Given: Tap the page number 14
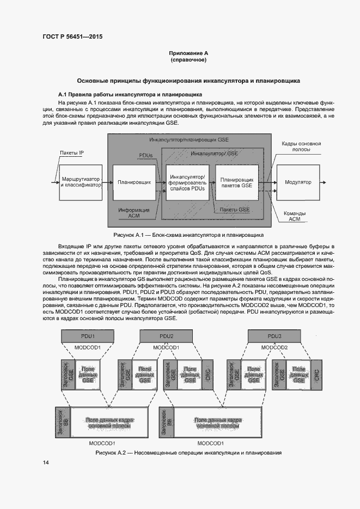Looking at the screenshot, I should [46, 462].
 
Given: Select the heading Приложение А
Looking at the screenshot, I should [188, 53].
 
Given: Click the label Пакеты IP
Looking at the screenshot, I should [71, 154].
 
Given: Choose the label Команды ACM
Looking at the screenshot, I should [294, 216].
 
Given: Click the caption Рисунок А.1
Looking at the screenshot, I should [188, 235].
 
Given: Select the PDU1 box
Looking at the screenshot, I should [87, 336].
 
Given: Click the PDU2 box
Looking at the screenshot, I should [167, 336].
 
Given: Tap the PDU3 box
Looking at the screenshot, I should [274, 336].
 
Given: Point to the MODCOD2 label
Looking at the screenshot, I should [274, 347].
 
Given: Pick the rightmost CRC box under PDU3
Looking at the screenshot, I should [316, 374].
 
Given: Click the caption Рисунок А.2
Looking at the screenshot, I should [188, 453].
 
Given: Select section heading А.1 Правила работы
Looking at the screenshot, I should [124, 94].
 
